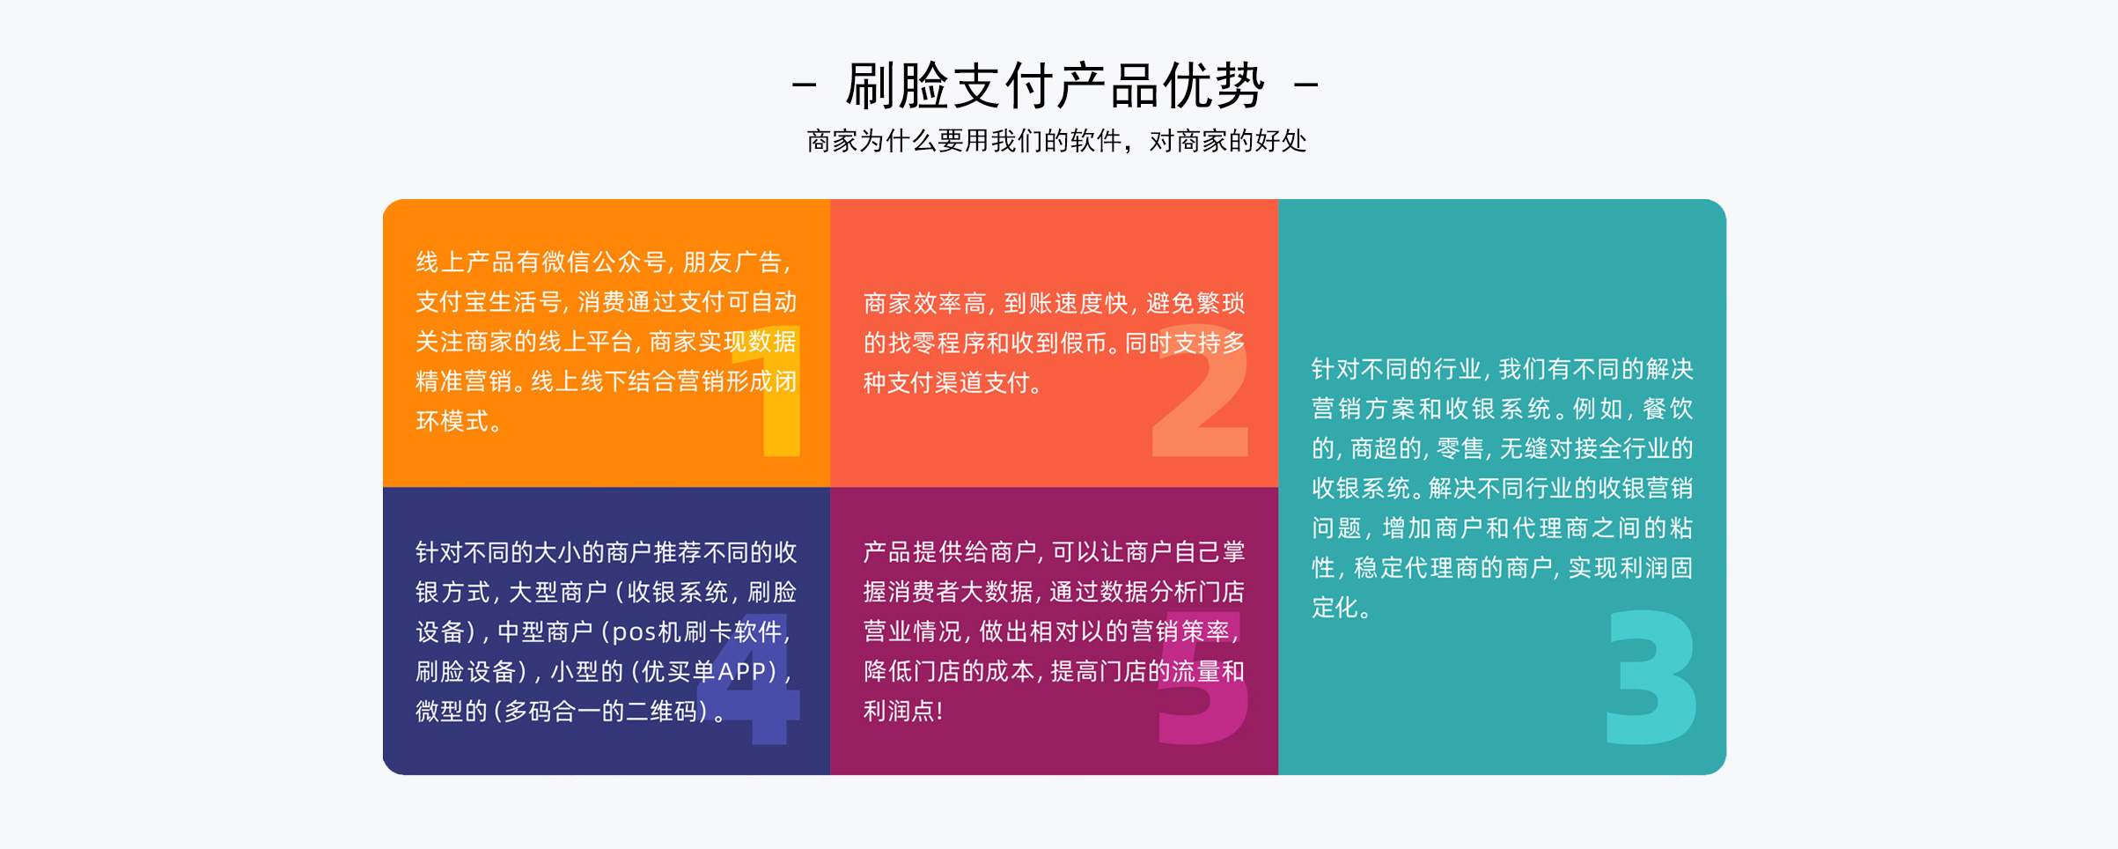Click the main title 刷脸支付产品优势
pyautogui.click(x=1055, y=85)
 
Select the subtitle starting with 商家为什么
pyautogui.click(x=1056, y=141)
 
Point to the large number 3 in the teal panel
pyautogui.click(x=1651, y=676)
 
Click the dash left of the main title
pyautogui.click(x=804, y=85)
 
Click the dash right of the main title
pyautogui.click(x=1306, y=85)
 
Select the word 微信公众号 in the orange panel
pyautogui.click(x=604, y=262)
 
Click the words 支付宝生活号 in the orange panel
pyautogui.click(x=489, y=302)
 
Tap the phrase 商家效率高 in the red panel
pyautogui.click(x=924, y=304)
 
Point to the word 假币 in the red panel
pyautogui.click(x=1084, y=343)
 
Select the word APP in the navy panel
pyautogui.click(x=742, y=672)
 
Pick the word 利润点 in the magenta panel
pyautogui.click(x=900, y=712)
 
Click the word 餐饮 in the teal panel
pyautogui.click(x=1668, y=409)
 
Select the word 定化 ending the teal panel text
pyautogui.click(x=1335, y=608)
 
